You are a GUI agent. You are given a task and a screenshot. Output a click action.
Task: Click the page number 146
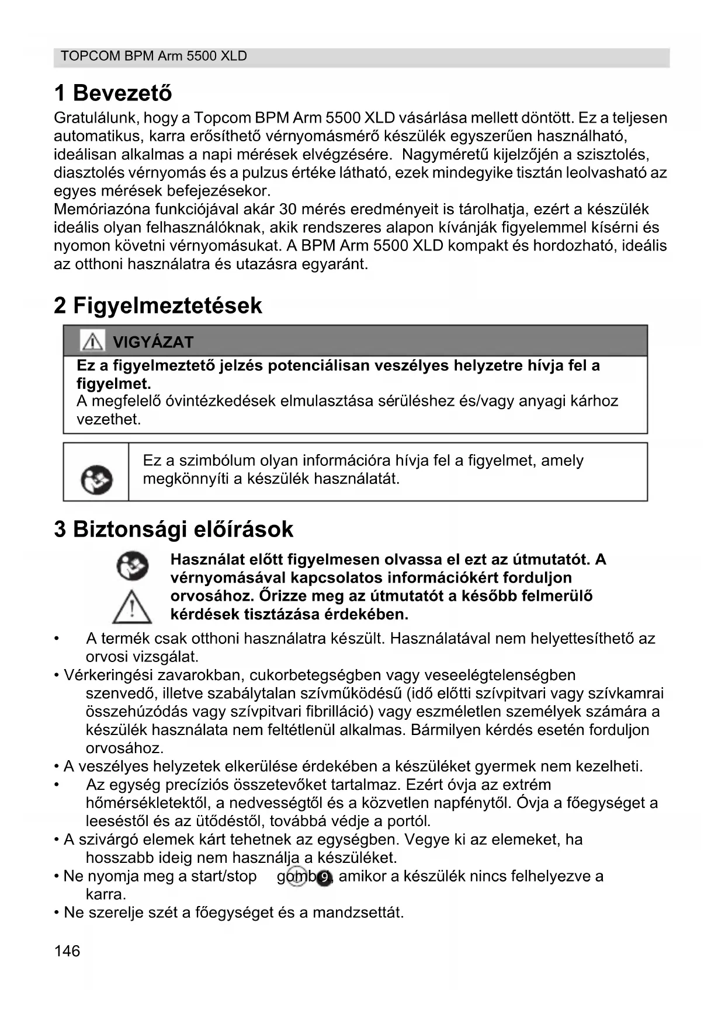click(67, 951)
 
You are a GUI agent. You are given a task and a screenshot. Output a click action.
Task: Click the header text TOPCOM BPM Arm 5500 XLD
click(154, 56)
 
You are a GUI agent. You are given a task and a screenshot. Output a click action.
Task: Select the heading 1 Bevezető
click(113, 93)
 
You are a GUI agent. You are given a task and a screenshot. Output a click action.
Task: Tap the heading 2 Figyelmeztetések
click(158, 305)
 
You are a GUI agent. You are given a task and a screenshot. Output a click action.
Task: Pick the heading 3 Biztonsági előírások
click(174, 530)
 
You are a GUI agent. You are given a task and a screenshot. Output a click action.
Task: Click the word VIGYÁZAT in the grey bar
click(152, 342)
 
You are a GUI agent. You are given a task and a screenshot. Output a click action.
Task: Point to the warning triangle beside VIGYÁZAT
click(92, 341)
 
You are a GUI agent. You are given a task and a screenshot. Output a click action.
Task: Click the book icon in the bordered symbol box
click(96, 480)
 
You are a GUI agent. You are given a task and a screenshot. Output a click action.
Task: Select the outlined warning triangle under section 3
click(132, 607)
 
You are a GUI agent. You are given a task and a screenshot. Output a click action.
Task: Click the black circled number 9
click(324, 877)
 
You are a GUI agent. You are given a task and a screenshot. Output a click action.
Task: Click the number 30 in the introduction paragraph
click(288, 209)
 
